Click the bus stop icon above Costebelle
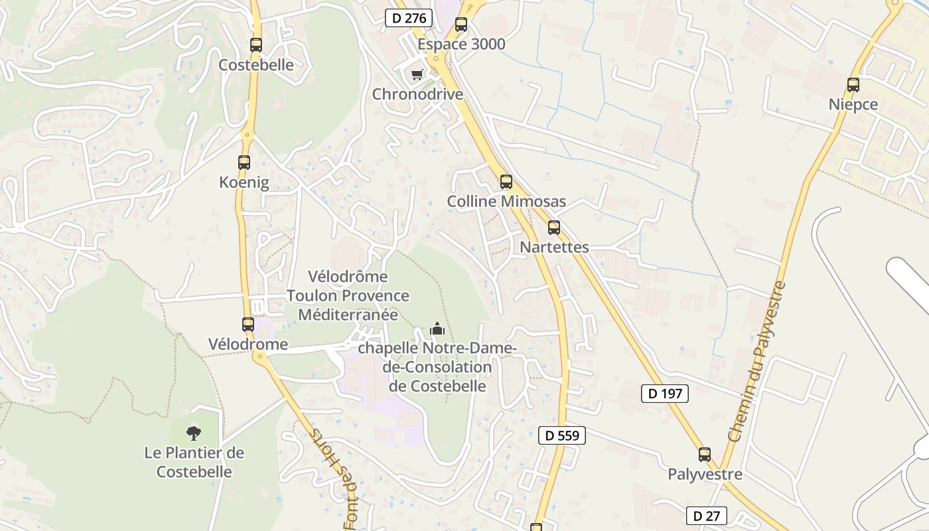click(x=256, y=45)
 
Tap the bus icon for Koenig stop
click(x=244, y=162)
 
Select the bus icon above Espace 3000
click(x=461, y=25)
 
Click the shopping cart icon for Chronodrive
click(x=417, y=74)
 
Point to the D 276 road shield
click(x=409, y=18)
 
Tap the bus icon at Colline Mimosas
click(x=506, y=181)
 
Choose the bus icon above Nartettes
click(x=554, y=228)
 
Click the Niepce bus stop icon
click(x=853, y=85)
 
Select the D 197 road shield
click(x=665, y=394)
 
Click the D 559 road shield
click(x=561, y=435)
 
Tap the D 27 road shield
click(x=706, y=516)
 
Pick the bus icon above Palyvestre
click(x=705, y=455)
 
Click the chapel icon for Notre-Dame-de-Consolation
click(x=437, y=328)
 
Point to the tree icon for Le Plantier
click(x=194, y=433)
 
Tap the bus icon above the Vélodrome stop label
click(x=248, y=325)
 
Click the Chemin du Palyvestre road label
click(x=756, y=362)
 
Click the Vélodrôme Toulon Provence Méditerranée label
click(x=348, y=295)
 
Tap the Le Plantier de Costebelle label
click(x=194, y=463)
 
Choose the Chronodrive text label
click(x=417, y=94)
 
